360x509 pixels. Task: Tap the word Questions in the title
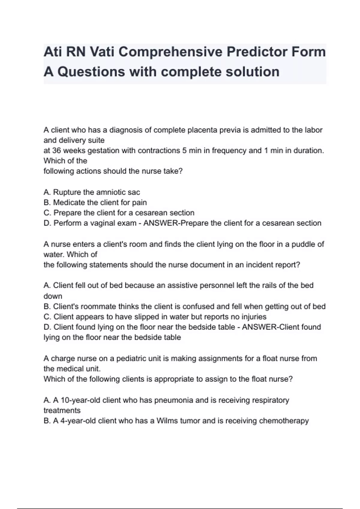point(91,72)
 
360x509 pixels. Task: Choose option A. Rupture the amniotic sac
point(92,192)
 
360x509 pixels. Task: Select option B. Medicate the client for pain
point(95,203)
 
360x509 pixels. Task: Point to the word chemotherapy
point(284,421)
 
